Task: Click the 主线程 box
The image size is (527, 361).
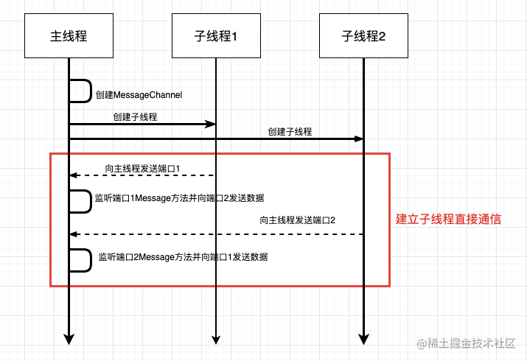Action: [x=69, y=35]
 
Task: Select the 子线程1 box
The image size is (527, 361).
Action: [x=216, y=35]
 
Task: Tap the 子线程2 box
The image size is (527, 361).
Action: [x=363, y=35]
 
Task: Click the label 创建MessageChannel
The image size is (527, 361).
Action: [x=139, y=95]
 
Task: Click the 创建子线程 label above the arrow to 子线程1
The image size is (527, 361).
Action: [x=135, y=116]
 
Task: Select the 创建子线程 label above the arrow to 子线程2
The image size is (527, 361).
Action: [x=290, y=132]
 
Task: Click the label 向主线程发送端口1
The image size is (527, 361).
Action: [x=143, y=169]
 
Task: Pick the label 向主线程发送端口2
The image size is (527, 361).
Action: [x=298, y=220]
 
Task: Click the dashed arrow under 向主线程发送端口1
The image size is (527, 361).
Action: [x=140, y=175]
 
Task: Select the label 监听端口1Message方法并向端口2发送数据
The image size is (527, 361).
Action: [x=180, y=198]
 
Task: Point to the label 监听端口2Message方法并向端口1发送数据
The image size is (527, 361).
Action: [x=182, y=257]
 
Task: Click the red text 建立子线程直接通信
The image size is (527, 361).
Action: [x=449, y=219]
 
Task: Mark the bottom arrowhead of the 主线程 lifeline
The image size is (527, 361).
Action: [x=69, y=338]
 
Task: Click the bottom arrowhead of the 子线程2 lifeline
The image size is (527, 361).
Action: [x=363, y=338]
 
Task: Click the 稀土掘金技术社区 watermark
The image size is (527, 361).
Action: [x=472, y=343]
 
